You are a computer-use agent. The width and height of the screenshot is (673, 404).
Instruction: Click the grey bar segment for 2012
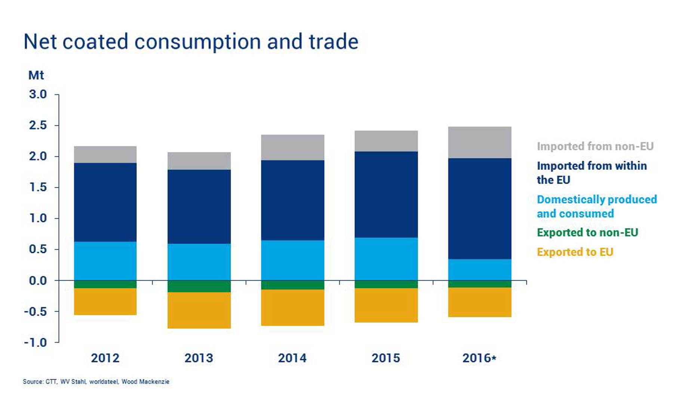coord(105,154)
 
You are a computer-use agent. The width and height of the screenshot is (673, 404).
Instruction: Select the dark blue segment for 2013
coord(199,206)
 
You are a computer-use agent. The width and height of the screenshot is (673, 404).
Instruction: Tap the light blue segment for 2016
coord(479,269)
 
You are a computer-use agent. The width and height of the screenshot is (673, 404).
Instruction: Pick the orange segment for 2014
coord(292,307)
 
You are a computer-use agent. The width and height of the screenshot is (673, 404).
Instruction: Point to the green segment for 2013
coord(199,286)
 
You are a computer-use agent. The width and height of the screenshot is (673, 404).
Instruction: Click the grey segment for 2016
coord(479,143)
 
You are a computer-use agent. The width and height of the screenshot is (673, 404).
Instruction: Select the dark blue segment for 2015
coord(386,195)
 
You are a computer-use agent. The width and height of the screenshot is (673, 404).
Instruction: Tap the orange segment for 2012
coord(105,302)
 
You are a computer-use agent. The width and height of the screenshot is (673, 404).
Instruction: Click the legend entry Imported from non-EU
coord(595,146)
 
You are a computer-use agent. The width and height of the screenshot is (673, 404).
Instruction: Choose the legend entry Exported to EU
coord(575,252)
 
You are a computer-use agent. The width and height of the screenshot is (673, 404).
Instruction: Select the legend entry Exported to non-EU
coord(587,233)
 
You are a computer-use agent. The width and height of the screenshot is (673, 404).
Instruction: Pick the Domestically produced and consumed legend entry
coord(596,206)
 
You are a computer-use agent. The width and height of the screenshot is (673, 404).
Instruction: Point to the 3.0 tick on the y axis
coord(38,94)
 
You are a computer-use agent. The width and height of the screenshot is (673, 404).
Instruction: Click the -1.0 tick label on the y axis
coord(36,343)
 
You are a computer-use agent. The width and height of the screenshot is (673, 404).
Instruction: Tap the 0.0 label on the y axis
coord(38,281)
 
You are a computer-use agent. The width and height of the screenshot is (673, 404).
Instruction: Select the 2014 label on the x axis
coord(292,358)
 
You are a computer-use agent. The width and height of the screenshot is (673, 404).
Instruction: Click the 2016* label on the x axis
coord(479,358)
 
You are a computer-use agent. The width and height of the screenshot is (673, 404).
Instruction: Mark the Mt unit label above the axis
coord(36,75)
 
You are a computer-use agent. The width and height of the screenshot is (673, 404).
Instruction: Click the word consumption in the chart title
coord(197,42)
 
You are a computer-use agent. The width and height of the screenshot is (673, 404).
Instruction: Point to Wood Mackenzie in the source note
coord(145,382)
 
